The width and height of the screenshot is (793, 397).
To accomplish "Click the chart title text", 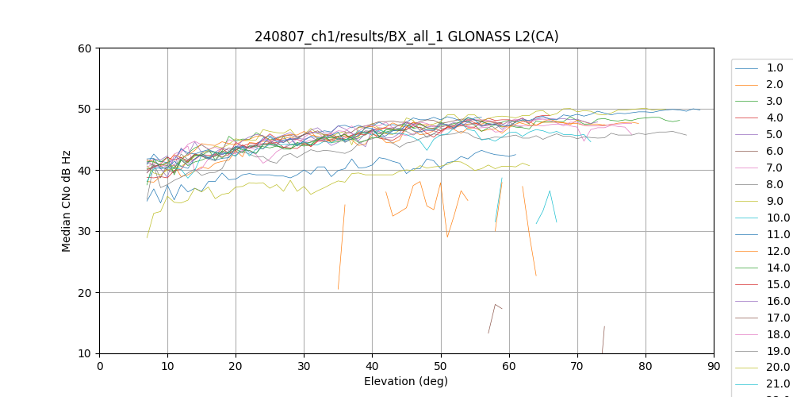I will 406,37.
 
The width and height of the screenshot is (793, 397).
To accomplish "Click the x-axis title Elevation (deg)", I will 406,381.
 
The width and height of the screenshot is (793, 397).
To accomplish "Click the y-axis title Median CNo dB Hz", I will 67,200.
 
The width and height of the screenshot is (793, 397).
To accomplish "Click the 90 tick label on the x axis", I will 714,366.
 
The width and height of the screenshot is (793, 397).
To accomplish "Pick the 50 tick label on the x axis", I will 441,366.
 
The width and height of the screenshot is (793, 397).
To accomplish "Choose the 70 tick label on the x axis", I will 577,366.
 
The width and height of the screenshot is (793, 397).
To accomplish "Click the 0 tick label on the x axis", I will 99,366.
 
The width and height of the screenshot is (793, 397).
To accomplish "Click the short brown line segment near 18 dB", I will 496,305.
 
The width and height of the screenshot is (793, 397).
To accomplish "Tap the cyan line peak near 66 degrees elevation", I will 550,191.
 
